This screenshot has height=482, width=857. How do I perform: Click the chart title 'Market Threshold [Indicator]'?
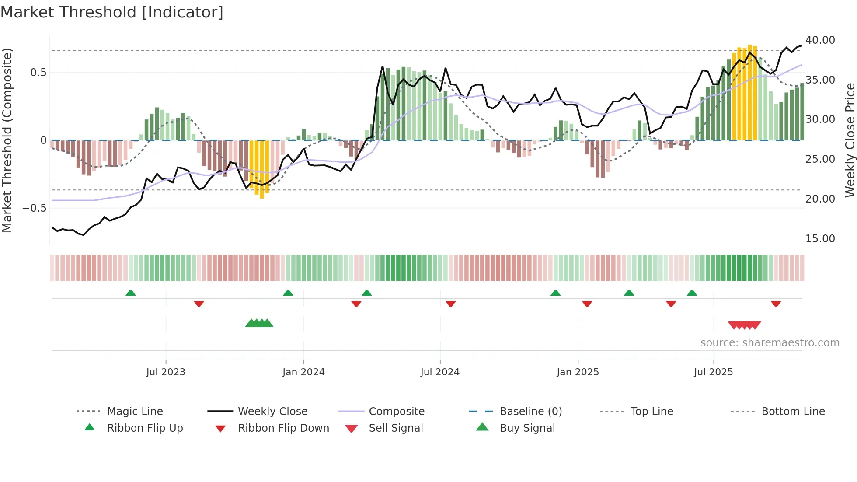pos(112,12)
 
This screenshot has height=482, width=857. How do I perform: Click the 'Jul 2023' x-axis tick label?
pos(166,372)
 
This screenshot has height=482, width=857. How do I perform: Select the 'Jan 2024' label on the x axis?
pos(303,372)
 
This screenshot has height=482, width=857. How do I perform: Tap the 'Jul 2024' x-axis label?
pos(440,372)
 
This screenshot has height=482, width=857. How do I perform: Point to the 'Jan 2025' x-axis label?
pos(578,372)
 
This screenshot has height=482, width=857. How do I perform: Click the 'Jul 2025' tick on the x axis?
pos(713,372)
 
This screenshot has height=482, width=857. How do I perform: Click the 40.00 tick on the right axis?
pos(820,40)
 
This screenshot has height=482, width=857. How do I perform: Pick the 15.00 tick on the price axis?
pos(820,238)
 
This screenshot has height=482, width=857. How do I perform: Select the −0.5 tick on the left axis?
pos(34,208)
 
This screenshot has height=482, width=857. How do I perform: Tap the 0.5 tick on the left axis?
pos(38,72)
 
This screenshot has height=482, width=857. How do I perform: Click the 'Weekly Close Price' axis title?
pos(850,140)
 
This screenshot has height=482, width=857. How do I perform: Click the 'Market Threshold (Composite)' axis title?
pos(7,140)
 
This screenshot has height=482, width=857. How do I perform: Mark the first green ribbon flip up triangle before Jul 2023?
pos(131,293)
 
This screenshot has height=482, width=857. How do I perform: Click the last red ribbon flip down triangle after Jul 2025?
pos(776,304)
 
